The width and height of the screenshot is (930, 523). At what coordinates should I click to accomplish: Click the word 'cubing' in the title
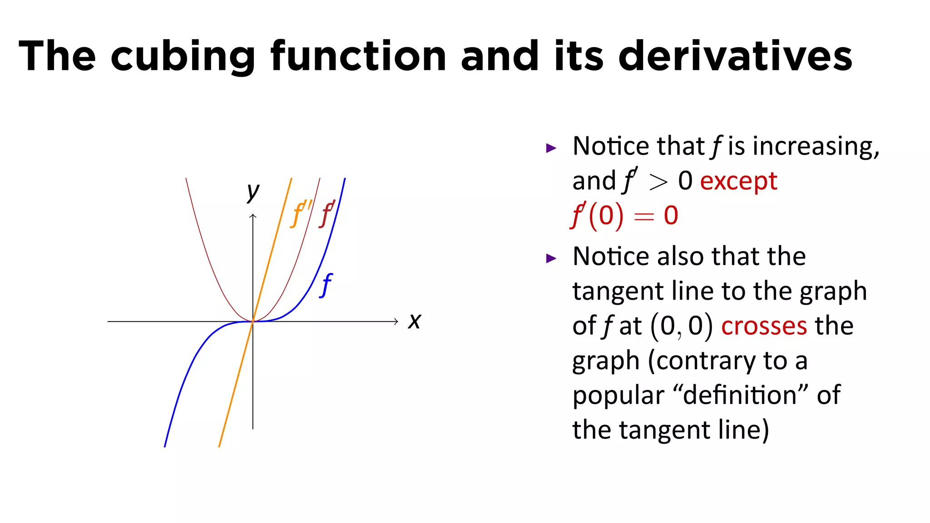[183, 57]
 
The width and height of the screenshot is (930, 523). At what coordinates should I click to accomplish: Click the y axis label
[253, 192]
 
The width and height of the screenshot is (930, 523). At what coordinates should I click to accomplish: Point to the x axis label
[414, 321]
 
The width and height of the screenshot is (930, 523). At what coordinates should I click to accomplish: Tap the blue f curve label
[326, 286]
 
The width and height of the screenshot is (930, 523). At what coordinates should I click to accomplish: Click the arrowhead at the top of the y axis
[253, 216]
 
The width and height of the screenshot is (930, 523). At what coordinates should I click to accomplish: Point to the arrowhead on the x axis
[396, 321]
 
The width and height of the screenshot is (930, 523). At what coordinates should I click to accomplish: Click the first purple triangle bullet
[551, 148]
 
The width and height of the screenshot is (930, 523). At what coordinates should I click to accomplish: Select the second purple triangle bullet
[551, 259]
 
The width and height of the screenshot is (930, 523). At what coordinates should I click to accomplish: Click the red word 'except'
[738, 181]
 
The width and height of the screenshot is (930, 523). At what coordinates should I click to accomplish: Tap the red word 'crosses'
[764, 326]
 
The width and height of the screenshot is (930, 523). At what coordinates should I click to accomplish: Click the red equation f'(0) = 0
[624, 216]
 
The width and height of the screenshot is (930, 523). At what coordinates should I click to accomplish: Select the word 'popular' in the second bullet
[618, 395]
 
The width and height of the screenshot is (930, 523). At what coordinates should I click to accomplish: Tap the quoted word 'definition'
[740, 395]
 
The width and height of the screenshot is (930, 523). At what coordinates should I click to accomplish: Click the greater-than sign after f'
[658, 183]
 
